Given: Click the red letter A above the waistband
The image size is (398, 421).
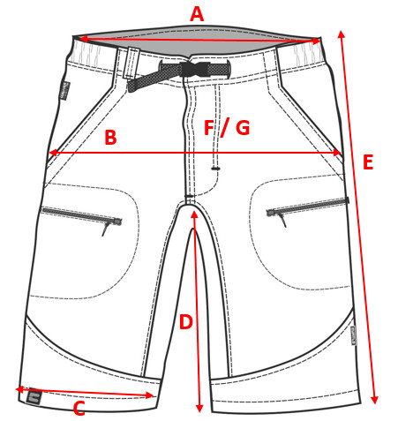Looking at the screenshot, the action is tap(197, 14).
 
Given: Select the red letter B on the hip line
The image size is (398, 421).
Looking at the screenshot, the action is tap(110, 138).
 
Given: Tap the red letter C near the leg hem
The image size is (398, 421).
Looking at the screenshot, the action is tap(79, 409).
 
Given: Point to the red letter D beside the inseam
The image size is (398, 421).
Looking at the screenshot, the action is tap(186, 322).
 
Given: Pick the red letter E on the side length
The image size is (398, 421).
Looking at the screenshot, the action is tap(368, 162).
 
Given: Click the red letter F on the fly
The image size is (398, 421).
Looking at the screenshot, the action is tap(209, 127).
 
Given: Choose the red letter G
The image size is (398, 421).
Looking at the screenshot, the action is tap(243, 127).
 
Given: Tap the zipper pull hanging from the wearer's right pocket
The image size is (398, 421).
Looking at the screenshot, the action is tap(106, 229).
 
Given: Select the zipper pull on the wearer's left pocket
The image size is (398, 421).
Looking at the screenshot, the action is tap(282, 219).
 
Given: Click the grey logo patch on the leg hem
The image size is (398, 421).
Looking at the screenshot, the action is tap(34, 398).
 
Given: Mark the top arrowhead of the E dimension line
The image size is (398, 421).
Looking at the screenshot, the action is tap(341, 34).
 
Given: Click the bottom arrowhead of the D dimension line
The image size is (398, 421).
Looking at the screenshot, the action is tap(199, 408).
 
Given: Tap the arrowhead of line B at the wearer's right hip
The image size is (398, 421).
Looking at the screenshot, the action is tap(53, 153).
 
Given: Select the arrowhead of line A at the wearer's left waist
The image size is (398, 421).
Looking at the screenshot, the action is tap(316, 41).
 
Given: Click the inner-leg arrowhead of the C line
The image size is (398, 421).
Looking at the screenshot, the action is tap(149, 395).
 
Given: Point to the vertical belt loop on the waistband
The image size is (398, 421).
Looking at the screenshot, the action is tap(131, 64).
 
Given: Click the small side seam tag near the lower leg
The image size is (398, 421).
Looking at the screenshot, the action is tap(353, 335).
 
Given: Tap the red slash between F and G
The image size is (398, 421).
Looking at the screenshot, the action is tap(225, 127).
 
